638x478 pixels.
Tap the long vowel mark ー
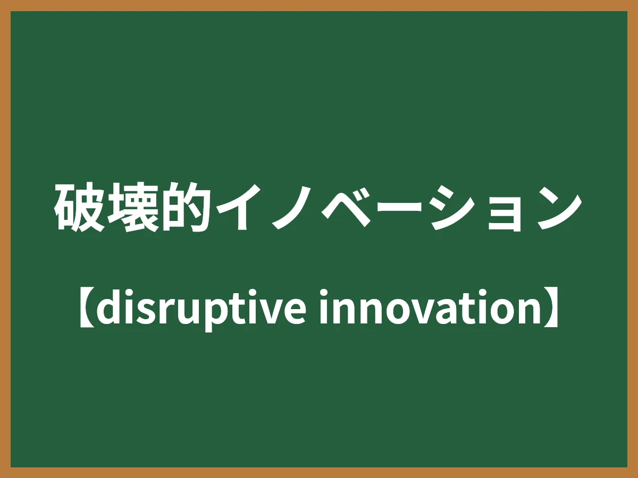[397, 208]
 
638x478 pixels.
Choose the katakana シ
[450, 208]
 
